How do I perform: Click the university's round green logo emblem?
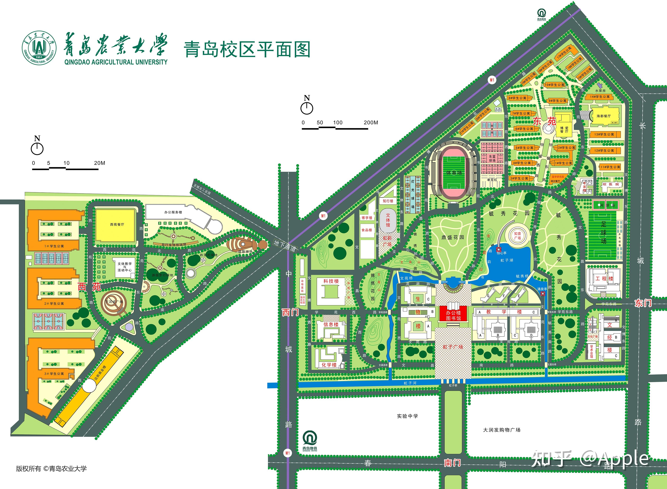coord(39,47)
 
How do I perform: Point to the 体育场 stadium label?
coord(454,173)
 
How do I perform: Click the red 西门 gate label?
coord(290,312)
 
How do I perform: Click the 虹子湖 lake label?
coord(507,260)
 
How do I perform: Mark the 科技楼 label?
coord(331,281)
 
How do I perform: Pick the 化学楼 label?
coord(329,365)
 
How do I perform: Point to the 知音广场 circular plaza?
coord(517,236)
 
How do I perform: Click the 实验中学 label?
coord(407,416)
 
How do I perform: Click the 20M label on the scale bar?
coord(99,163)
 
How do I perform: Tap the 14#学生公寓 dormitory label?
coord(600,96)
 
